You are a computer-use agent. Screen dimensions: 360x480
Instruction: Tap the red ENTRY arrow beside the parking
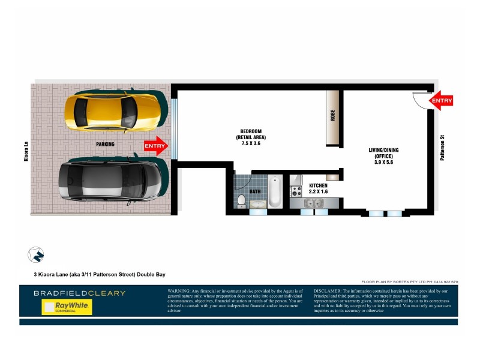[x=156, y=146]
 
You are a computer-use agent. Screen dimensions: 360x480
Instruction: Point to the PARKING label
[x=105, y=145]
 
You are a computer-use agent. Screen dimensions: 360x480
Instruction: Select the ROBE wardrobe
[x=333, y=117]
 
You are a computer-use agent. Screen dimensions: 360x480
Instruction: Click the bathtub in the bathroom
[x=274, y=191]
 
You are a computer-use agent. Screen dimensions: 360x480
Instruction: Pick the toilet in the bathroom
[x=241, y=200]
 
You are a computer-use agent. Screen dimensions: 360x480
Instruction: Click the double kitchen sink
[x=313, y=203]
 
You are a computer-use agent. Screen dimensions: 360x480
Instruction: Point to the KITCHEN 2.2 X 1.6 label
[x=319, y=189]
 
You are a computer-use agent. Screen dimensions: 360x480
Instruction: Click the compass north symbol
[x=36, y=254]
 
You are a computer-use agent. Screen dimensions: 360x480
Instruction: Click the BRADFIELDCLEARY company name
[x=80, y=293]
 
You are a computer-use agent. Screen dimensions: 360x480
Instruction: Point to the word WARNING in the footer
[x=181, y=291]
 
